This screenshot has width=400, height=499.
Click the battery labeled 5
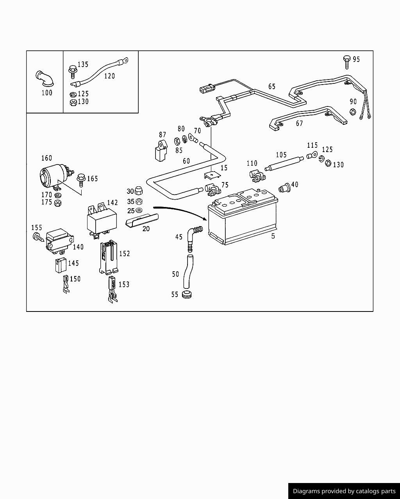click(x=242, y=220)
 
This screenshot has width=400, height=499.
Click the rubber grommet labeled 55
click(x=187, y=294)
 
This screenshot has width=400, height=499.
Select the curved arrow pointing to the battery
click(x=180, y=211)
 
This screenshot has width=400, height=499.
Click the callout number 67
click(x=299, y=124)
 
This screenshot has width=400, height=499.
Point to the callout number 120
click(x=109, y=76)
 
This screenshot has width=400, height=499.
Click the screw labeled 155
click(x=37, y=236)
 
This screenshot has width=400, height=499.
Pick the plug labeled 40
click(x=284, y=188)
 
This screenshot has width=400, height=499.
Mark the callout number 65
click(x=271, y=87)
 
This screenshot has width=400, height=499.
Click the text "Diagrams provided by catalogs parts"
click(x=344, y=491)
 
